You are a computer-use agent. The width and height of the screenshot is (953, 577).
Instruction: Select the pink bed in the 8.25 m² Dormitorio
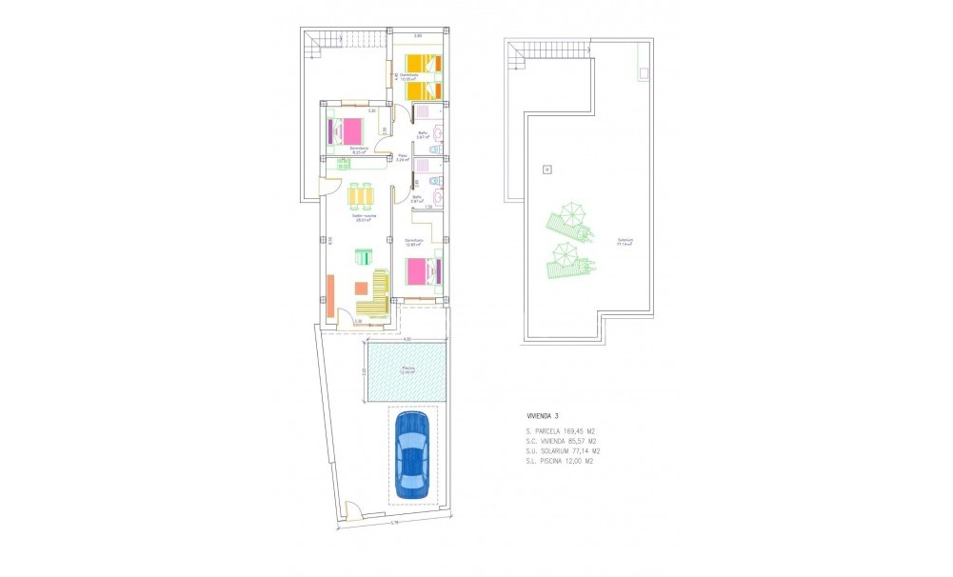pos(351,130)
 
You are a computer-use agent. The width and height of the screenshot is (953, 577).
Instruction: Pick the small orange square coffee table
pos(361,288)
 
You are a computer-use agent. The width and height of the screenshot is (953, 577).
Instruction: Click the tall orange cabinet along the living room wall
pos(329,295)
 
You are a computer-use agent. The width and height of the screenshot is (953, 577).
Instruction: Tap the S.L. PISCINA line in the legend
pos(560,461)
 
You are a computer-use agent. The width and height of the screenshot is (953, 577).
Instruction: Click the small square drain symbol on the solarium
pos(546,169)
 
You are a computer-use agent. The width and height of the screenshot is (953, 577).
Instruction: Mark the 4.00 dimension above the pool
pos(405,340)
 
